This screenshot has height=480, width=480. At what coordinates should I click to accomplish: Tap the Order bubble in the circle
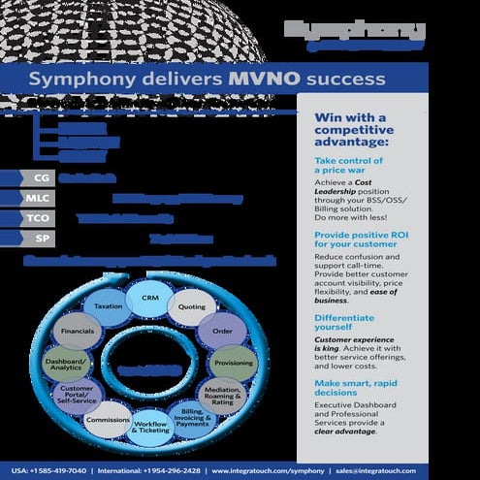coord(221,331)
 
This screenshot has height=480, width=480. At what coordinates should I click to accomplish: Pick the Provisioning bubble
coord(232,364)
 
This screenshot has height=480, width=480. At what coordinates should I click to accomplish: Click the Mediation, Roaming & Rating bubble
coord(222,396)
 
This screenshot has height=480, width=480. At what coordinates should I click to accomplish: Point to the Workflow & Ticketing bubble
coord(150,428)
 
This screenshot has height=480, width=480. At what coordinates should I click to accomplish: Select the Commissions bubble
coord(108,421)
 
